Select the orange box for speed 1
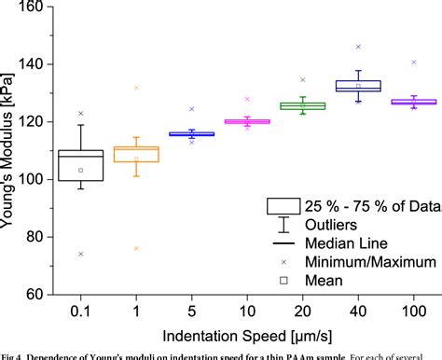(136, 154)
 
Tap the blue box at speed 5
(191, 134)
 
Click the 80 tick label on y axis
(36, 237)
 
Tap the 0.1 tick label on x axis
(80, 309)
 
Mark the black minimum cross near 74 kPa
(80, 254)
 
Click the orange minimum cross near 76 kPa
(136, 248)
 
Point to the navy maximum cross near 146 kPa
(358, 47)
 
